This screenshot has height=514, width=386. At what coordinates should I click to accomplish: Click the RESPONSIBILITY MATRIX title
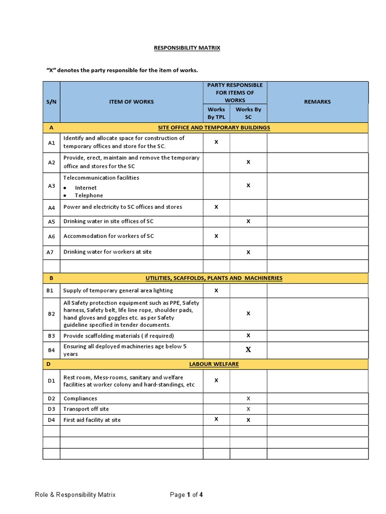(x=187, y=48)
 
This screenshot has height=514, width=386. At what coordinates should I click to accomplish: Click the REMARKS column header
(x=317, y=101)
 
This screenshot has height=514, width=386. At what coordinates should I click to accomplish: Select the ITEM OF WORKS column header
(x=132, y=101)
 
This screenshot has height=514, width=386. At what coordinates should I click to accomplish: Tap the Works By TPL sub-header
(x=216, y=113)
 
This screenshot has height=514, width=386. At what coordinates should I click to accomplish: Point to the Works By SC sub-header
(x=248, y=113)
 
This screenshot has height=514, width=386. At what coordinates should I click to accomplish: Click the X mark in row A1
(x=217, y=142)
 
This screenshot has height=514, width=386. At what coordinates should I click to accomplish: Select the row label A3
(x=51, y=186)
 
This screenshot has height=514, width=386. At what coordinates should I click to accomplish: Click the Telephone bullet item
(x=89, y=195)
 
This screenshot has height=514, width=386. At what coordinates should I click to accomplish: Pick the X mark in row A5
(x=248, y=221)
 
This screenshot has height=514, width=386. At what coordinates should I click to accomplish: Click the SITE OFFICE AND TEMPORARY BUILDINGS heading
(x=214, y=127)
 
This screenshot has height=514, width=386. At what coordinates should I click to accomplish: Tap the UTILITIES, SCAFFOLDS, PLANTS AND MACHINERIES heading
(x=214, y=278)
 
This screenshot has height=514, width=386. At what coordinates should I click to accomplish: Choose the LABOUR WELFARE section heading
(x=214, y=364)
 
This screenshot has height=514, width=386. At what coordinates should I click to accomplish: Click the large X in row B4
(x=248, y=350)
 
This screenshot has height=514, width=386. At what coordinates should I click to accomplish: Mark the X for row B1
(x=217, y=290)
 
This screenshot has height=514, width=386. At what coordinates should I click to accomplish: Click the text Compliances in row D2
(x=80, y=399)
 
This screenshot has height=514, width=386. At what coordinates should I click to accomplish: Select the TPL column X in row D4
(x=217, y=419)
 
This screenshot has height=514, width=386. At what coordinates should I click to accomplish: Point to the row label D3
(x=51, y=409)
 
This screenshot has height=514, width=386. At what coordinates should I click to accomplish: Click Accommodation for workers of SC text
(x=109, y=236)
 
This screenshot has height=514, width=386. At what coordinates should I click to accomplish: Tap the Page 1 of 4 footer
(x=186, y=494)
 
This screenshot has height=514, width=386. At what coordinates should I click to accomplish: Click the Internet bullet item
(x=86, y=188)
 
